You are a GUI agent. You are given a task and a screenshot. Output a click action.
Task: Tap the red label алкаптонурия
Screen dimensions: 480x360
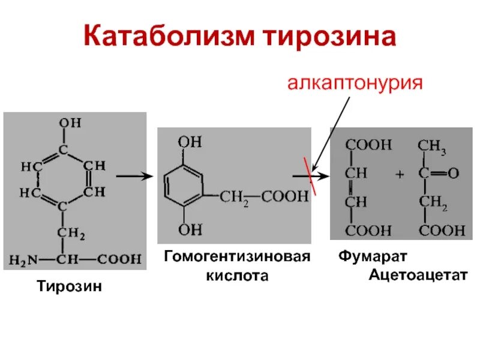tap(355, 82)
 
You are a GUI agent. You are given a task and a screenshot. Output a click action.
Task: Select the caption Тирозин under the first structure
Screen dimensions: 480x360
tap(70, 286)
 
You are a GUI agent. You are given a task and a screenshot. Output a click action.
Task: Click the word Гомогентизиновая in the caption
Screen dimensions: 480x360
tap(238, 257)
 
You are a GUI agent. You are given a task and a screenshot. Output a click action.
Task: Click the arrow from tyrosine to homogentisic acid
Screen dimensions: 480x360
tap(133, 176)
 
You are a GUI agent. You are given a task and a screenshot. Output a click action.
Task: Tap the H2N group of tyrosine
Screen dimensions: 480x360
tap(24, 260)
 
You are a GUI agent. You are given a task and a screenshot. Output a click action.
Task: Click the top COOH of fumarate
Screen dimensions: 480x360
tap(368, 145)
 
